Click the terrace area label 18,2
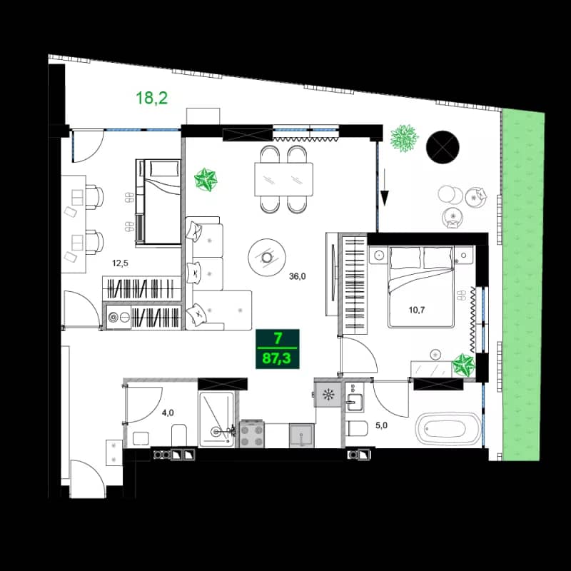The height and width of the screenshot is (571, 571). (151, 98)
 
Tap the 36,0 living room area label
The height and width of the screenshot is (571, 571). (298, 278)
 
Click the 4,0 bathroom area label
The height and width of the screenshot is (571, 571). (167, 412)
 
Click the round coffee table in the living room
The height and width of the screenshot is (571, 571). (267, 256)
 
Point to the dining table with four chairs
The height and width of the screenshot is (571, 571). (284, 179)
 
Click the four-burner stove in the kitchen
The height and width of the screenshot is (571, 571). (253, 434)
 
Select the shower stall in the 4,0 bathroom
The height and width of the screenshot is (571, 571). (216, 420)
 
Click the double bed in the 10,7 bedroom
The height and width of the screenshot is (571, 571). (421, 285)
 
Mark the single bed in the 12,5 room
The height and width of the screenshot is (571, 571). (158, 201)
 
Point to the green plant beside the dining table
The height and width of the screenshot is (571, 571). (207, 179)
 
